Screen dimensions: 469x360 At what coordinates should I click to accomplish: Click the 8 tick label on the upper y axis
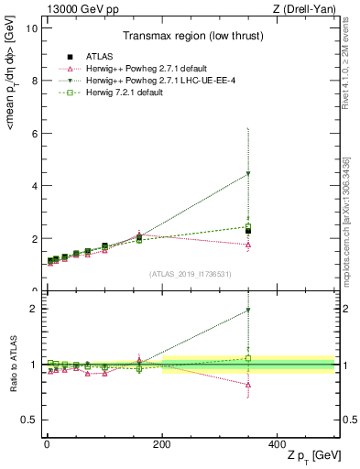pos(33,81)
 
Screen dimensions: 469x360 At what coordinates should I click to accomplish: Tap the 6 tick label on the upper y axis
pos(33,134)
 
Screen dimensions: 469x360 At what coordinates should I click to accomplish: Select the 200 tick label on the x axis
pos(161,443)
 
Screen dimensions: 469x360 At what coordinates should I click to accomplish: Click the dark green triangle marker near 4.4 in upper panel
pos(248,174)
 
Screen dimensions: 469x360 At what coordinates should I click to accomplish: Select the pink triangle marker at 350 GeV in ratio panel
pos(248,385)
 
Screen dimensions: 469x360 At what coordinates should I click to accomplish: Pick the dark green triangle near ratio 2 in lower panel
pos(248,311)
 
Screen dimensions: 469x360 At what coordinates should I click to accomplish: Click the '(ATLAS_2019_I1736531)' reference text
pos(191,273)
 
